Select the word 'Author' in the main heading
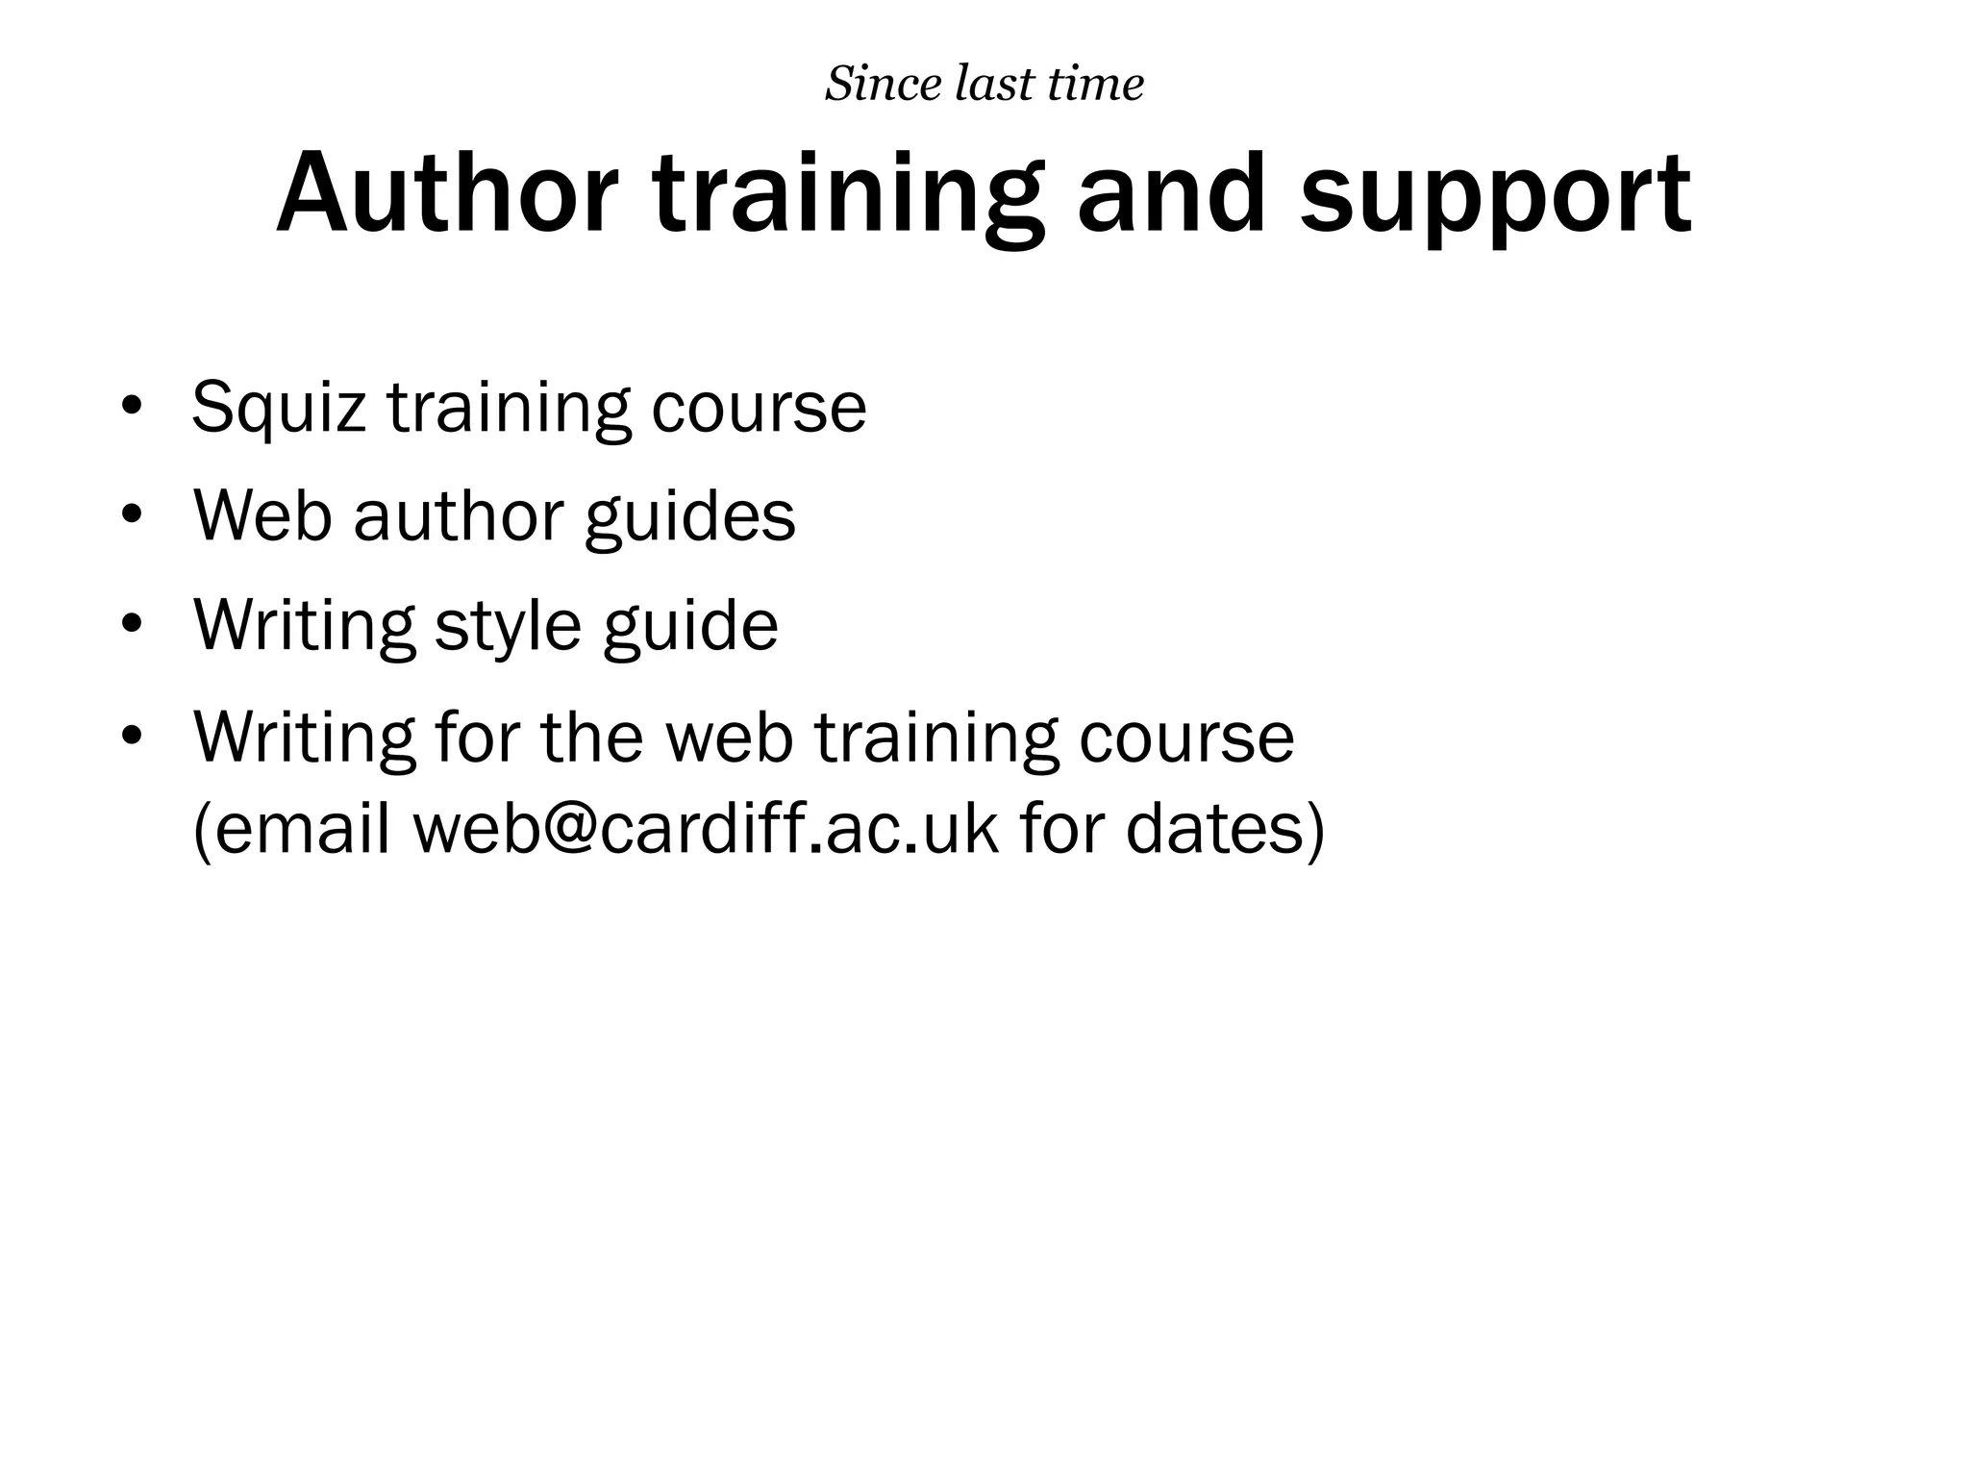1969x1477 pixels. click(447, 194)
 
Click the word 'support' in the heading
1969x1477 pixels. click(1494, 196)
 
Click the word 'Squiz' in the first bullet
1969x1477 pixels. click(279, 409)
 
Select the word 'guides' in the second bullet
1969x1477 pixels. click(689, 517)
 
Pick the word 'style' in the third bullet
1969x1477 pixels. click(508, 626)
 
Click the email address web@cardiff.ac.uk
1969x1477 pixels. click(706, 828)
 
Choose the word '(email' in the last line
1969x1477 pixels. click(291, 828)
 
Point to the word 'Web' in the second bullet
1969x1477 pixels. click(262, 516)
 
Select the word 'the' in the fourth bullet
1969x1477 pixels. click(591, 737)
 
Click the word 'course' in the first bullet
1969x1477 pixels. click(759, 409)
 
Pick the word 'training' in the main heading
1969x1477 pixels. click(848, 196)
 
